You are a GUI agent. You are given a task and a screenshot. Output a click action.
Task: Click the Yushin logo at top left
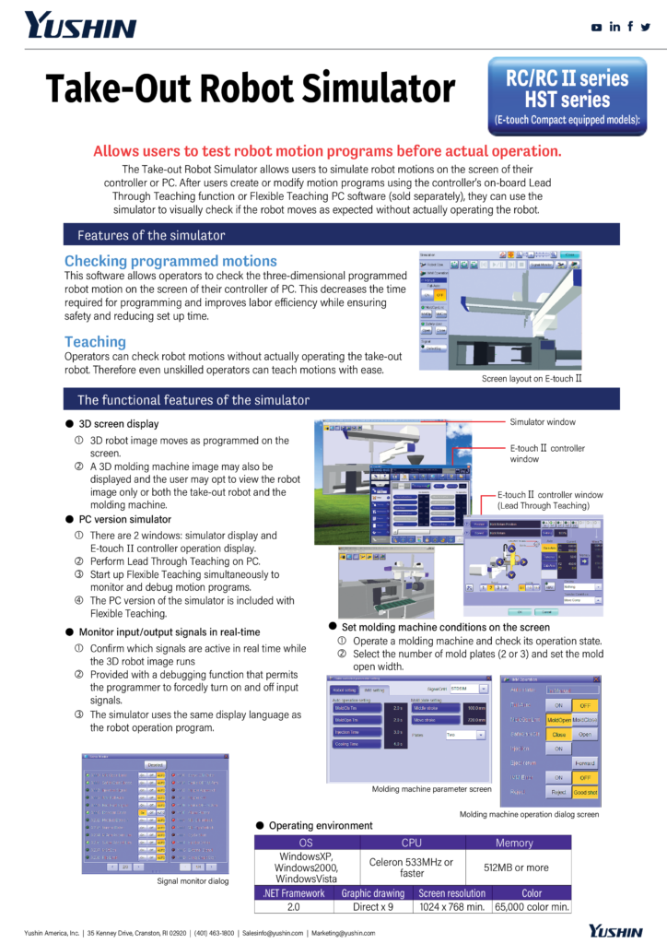[x=80, y=26]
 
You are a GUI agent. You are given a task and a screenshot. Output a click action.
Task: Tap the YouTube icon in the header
[x=597, y=27]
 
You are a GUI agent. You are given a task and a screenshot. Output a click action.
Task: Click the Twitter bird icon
[x=645, y=27]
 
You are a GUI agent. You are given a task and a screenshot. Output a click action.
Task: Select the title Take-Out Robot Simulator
[x=251, y=90]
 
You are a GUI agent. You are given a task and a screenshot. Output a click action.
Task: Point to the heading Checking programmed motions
[x=170, y=261]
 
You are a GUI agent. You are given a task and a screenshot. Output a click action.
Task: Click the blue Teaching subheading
[x=95, y=341]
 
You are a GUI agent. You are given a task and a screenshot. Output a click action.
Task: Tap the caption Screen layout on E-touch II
[x=532, y=379]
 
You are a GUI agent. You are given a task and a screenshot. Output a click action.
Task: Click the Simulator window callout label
[x=543, y=421]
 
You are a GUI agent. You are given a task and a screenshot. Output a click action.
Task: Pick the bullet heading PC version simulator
[x=124, y=519]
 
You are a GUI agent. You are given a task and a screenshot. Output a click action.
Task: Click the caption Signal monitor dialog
[x=193, y=881]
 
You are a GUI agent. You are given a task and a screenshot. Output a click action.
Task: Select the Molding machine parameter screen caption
[x=431, y=789]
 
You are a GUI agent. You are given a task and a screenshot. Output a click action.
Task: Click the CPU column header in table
[x=411, y=843]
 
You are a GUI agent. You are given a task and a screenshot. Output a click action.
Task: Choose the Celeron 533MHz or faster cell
[x=411, y=867]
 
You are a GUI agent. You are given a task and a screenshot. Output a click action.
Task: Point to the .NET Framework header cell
[x=293, y=893]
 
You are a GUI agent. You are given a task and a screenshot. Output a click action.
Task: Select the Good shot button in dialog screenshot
[x=585, y=791]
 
